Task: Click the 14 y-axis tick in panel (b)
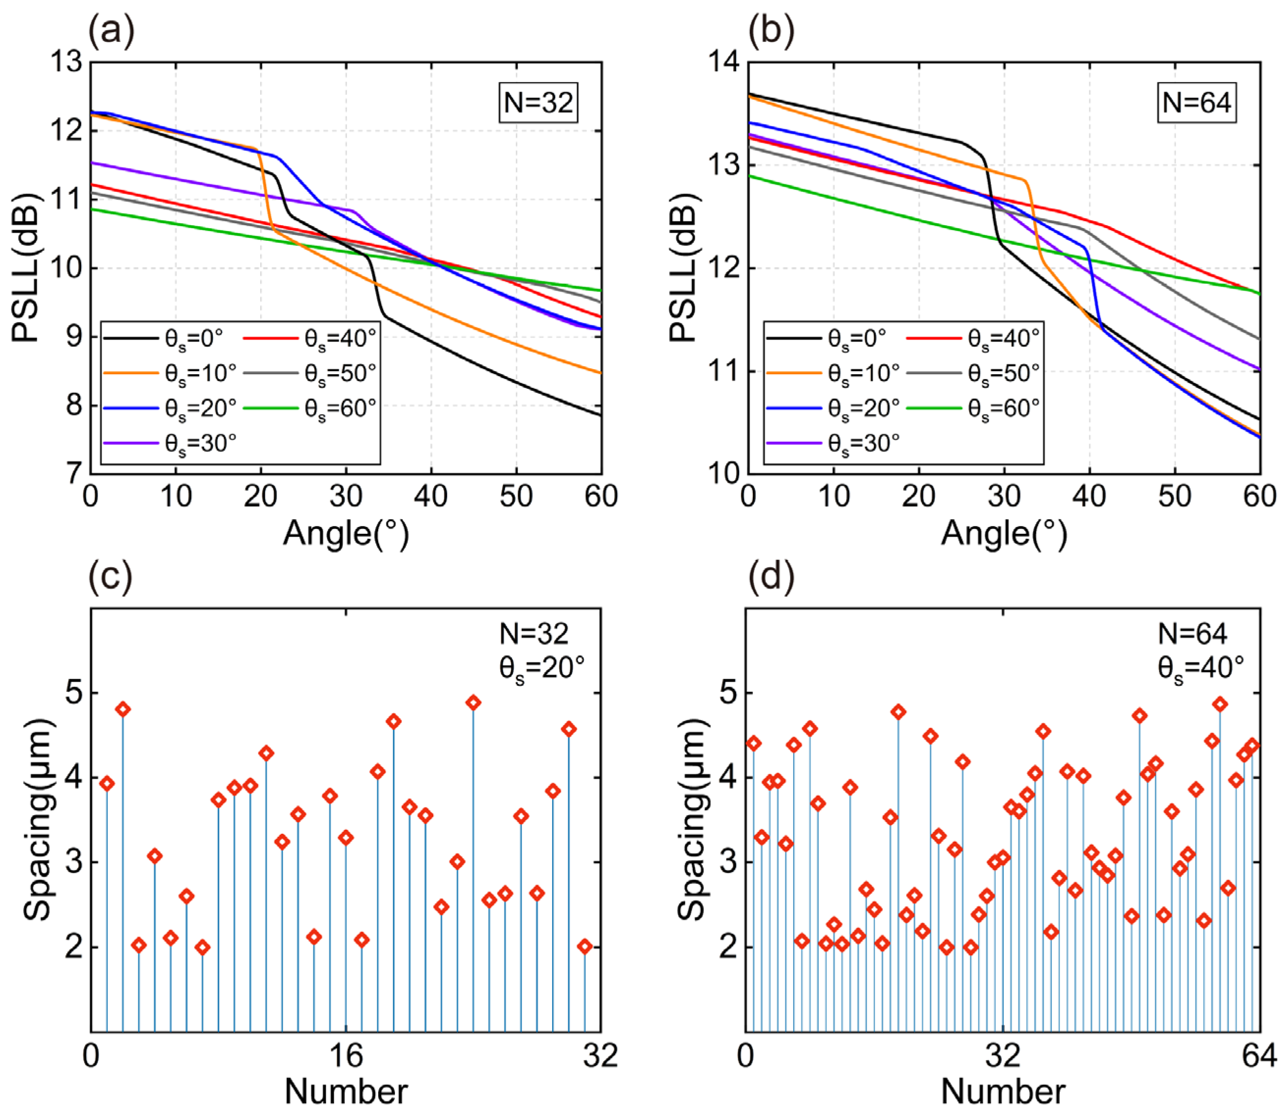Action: (x=726, y=62)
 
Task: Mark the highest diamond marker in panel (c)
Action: (x=473, y=703)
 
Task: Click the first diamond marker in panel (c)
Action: (x=107, y=784)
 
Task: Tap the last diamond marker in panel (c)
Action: (x=584, y=946)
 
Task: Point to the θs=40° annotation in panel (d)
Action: (x=1200, y=668)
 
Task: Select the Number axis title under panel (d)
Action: (x=1003, y=1092)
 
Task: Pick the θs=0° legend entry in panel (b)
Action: (x=827, y=338)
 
